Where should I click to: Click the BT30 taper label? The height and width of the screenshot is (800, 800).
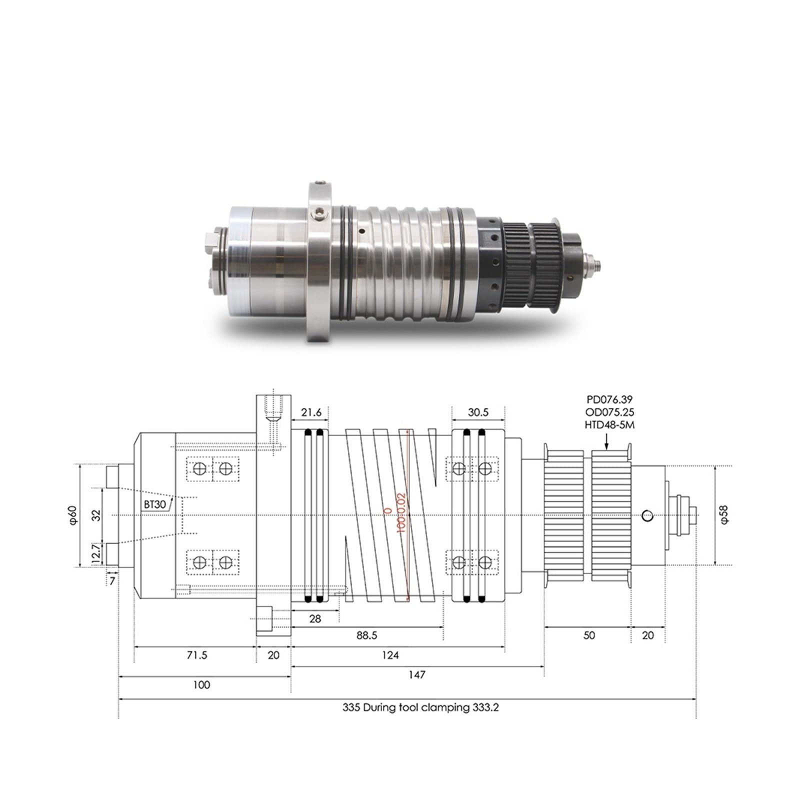point(154,504)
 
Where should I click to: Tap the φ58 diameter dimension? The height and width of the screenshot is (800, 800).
point(725,514)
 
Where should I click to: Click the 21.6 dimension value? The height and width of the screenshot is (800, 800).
point(311,412)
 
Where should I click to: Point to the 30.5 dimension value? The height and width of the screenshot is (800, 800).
point(478,412)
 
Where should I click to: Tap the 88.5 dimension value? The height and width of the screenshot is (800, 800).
point(367,635)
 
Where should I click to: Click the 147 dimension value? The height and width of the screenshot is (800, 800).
point(416,674)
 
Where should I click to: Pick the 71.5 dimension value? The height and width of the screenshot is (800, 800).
point(197,655)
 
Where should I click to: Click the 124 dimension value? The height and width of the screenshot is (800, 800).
point(390,655)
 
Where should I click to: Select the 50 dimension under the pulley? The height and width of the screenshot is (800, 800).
point(589,635)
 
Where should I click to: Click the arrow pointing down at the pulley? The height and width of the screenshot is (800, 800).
point(606,442)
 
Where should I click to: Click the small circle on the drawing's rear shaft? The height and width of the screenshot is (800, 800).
point(647,516)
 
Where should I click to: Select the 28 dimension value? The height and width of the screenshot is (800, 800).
point(315,618)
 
